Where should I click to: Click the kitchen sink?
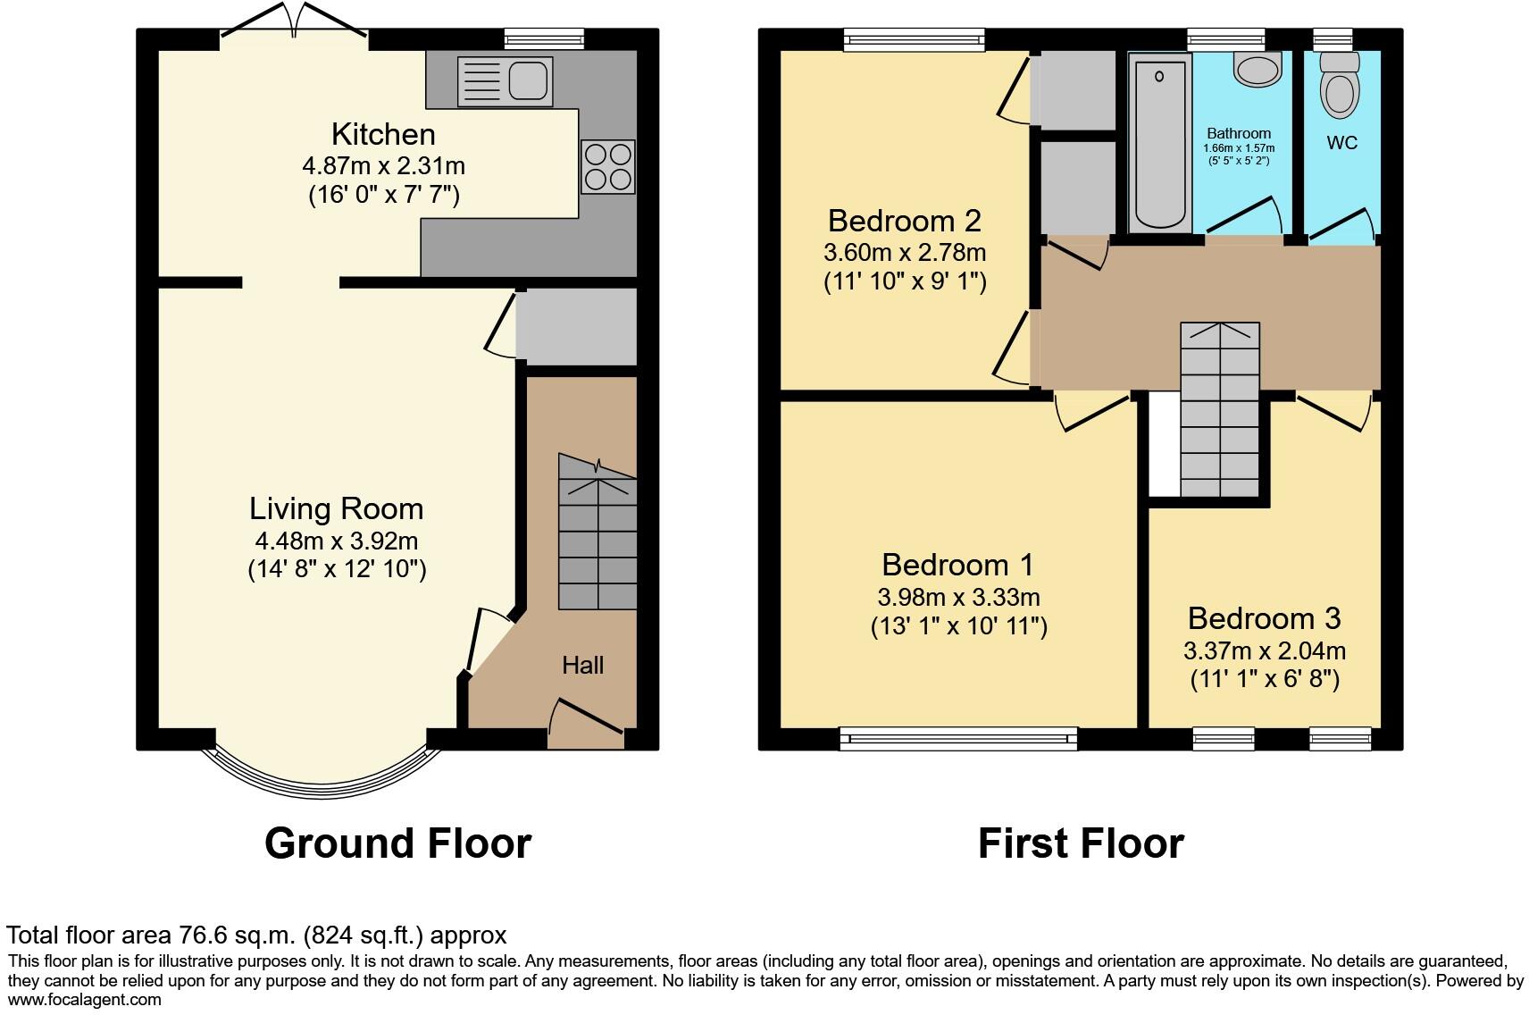[x=504, y=80]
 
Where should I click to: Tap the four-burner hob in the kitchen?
[x=608, y=167]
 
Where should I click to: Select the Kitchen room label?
[x=383, y=134]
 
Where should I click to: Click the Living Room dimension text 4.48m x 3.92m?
[x=336, y=541]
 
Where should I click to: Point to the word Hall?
[x=582, y=665]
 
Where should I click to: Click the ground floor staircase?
[x=597, y=536]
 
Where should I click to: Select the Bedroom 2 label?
[x=904, y=220]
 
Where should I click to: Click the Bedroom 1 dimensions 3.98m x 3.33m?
[x=958, y=597]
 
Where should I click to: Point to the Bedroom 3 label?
[x=1264, y=618]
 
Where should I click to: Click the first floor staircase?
[x=1220, y=411]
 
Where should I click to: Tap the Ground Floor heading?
[x=397, y=843]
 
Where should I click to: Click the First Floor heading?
[x=1081, y=843]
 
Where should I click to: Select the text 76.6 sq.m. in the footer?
[x=234, y=935]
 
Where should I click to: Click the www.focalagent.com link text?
[x=85, y=1001]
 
